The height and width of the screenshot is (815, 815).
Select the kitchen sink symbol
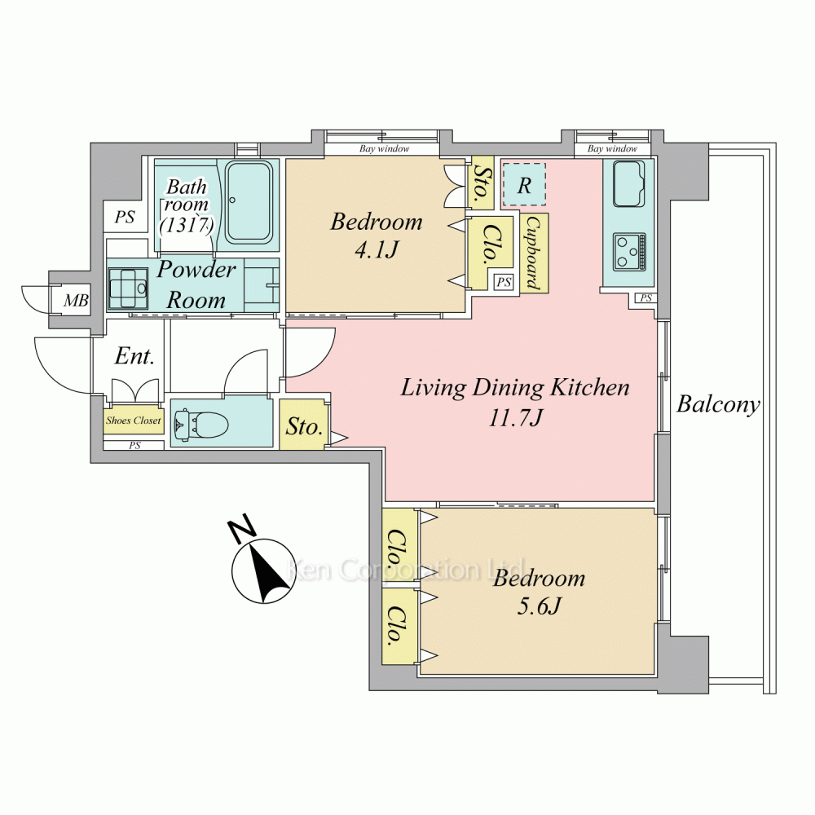tap(629, 184)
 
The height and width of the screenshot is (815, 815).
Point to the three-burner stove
tap(629, 252)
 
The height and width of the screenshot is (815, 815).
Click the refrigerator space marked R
tap(524, 185)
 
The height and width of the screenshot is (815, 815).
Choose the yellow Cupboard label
tap(534, 252)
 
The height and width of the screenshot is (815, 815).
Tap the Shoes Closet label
tap(134, 420)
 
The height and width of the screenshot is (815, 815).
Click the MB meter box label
tap(76, 300)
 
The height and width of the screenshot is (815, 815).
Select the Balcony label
tap(718, 404)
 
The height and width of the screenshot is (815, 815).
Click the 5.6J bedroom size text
tap(539, 606)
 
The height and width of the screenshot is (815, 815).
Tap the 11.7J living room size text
tap(516, 417)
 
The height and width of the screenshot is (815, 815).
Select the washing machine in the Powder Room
tap(127, 288)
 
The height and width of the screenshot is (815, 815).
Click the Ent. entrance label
tap(134, 356)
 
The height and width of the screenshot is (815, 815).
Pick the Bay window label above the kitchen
tap(612, 148)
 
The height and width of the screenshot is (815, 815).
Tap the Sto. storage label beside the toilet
tap(304, 426)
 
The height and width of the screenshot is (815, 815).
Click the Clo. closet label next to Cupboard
tap(489, 244)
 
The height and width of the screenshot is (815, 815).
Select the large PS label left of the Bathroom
tap(125, 216)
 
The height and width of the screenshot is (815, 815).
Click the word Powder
tap(196, 269)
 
